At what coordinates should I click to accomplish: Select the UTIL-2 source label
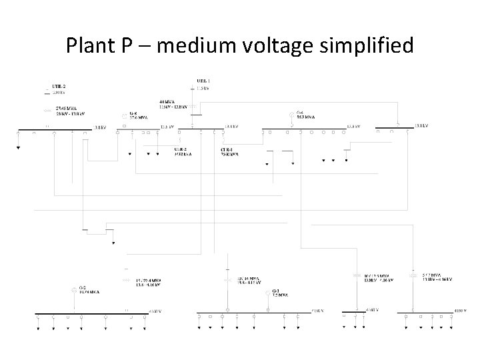[59, 87]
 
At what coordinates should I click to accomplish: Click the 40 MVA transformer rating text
[169, 101]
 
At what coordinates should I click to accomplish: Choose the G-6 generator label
[134, 114]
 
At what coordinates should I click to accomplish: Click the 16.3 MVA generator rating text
[306, 116]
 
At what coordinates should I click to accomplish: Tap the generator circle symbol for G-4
[291, 115]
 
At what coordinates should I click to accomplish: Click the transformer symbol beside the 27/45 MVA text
[47, 109]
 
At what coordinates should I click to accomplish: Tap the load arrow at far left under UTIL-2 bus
[19, 146]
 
